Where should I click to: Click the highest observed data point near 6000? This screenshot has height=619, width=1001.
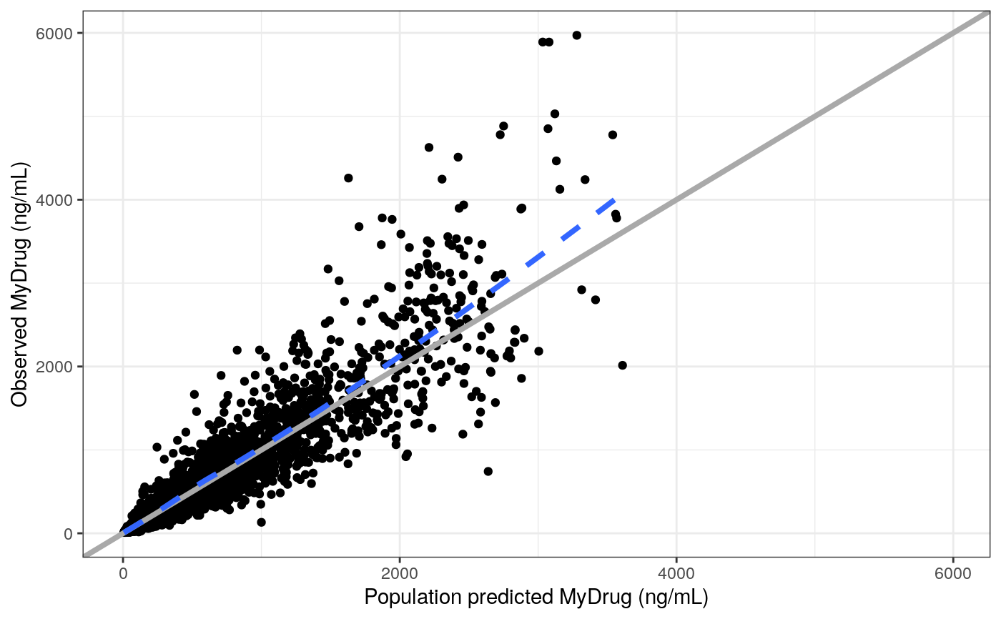click(576, 35)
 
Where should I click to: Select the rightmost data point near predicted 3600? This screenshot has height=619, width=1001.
click(622, 365)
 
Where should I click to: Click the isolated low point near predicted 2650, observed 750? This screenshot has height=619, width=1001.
click(488, 471)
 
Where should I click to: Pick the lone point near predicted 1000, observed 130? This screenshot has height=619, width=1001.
click(261, 523)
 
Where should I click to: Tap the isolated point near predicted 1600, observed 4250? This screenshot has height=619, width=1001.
click(348, 178)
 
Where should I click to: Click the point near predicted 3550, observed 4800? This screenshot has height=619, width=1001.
click(613, 134)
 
